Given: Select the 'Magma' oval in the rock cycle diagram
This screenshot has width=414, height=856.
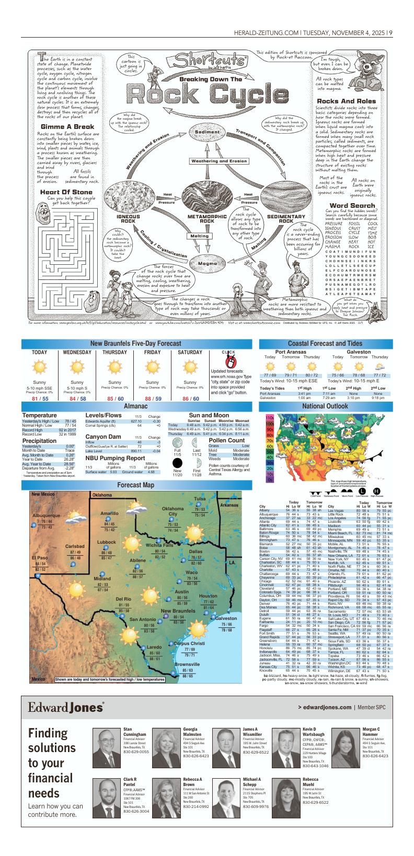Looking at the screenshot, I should [x=206, y=263].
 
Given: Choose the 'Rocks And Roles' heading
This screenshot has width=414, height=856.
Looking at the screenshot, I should [x=346, y=101].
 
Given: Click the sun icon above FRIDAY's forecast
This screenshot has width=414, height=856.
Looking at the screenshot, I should [x=153, y=367].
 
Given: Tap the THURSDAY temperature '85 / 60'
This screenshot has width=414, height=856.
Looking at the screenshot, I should [x=114, y=399].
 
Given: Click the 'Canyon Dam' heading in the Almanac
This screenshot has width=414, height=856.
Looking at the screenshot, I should [x=103, y=437].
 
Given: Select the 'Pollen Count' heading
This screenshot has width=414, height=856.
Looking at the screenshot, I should [x=226, y=440].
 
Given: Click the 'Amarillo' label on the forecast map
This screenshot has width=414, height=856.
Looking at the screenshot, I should [x=109, y=514].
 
